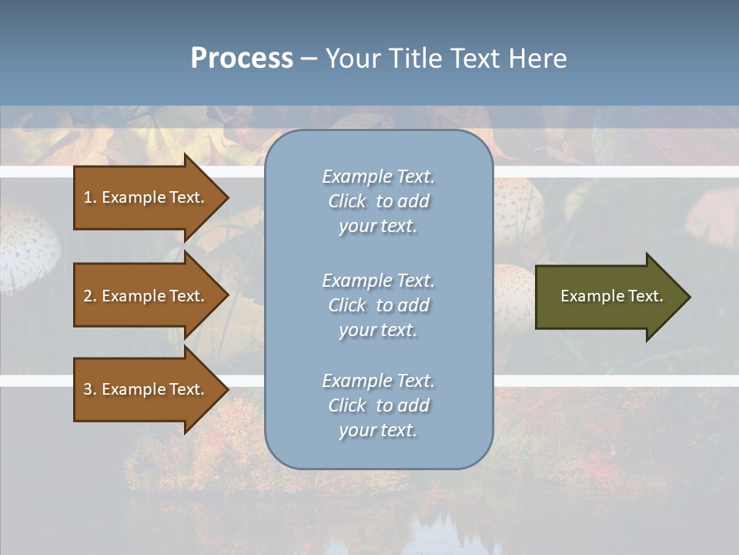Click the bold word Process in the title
(x=242, y=59)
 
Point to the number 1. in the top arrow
(x=90, y=197)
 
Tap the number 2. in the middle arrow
(x=90, y=296)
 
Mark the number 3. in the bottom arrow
(x=90, y=389)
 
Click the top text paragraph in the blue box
(x=378, y=201)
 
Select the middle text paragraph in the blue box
(x=378, y=305)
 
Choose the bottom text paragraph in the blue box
(x=378, y=405)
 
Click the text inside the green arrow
(x=611, y=296)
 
